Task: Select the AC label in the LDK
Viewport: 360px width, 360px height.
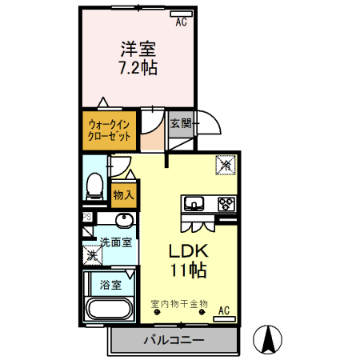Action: [224, 309]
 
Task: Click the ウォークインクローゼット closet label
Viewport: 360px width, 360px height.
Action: [109, 130]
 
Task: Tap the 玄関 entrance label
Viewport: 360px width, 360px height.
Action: [181, 124]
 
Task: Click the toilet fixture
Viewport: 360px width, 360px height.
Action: [95, 185]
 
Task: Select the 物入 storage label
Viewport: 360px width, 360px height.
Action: [123, 194]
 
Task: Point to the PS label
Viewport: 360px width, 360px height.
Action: [86, 217]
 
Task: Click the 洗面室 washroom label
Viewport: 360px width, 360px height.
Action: [115, 242]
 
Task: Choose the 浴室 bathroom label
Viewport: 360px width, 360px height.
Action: [110, 284]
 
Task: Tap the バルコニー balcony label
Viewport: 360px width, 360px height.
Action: [174, 340]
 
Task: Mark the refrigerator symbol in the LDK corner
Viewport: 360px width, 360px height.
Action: [226, 165]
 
